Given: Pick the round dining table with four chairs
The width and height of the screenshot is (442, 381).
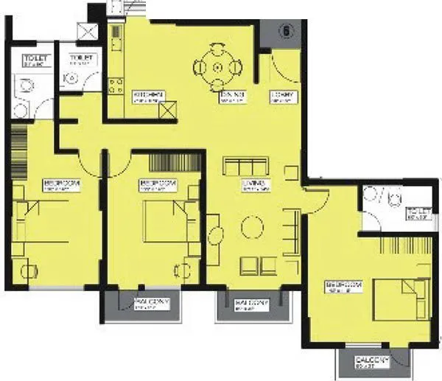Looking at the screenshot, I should [218, 68].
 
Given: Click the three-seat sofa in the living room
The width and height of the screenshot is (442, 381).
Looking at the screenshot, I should [246, 164].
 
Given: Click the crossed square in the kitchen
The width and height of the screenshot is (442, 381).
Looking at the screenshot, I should [168, 111].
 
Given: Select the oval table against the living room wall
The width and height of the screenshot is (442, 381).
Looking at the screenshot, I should [215, 237].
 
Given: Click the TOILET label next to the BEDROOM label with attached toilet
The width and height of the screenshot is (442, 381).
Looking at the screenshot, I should [417, 214].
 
